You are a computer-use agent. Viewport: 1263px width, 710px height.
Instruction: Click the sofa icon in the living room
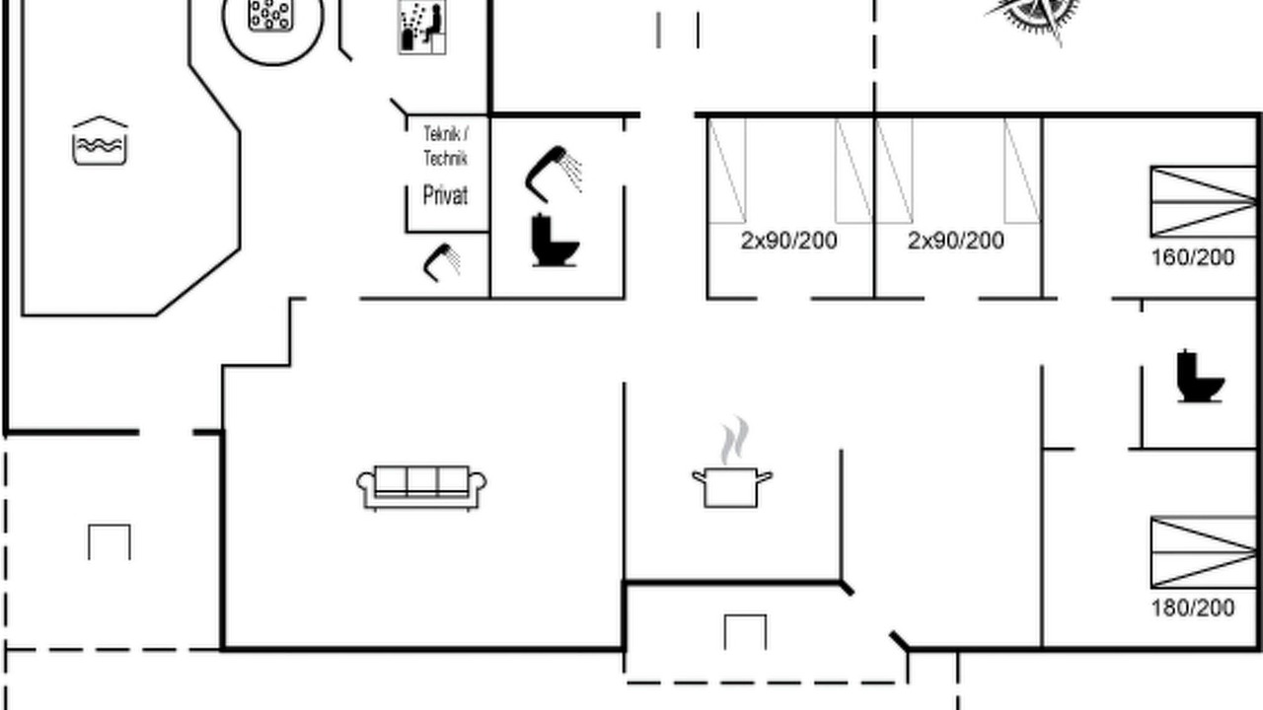coord(421,488)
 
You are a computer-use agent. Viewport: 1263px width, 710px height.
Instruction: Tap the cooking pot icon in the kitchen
coord(732,488)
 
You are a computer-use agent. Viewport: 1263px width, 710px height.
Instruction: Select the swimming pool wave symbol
coord(100,141)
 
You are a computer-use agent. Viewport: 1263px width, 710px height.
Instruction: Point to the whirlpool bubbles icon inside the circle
coord(271,15)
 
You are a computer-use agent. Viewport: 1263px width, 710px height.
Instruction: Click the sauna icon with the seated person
coord(421,27)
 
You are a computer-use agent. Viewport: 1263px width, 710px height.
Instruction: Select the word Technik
coord(445,159)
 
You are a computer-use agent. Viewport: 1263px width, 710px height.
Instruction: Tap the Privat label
coord(445,195)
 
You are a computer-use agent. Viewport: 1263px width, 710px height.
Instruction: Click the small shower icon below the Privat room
coord(441,262)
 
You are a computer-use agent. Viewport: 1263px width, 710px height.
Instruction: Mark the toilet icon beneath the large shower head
coord(555,240)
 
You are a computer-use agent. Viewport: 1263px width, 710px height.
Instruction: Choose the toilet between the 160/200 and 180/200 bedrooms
coord(1200,377)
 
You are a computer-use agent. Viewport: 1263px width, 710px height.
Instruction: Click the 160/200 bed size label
coord(1193,257)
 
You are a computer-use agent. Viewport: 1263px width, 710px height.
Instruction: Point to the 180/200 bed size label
coord(1193,608)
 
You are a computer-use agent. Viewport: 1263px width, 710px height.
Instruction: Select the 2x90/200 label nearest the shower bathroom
coord(788,241)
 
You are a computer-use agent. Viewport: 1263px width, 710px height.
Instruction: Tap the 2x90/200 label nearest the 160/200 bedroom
coord(956,241)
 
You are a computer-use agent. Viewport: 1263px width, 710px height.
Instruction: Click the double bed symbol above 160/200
coord(1203,202)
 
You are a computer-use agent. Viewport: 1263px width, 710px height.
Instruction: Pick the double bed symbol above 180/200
coord(1203,552)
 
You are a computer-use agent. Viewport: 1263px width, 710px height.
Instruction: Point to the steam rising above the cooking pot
coord(733,440)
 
